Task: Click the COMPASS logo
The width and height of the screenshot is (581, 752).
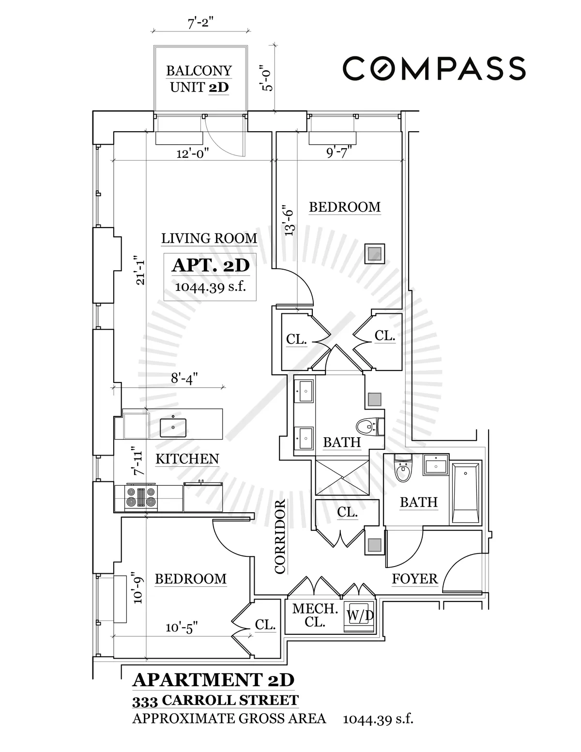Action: (x=434, y=68)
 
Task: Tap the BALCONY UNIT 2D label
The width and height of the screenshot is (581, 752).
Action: (x=199, y=79)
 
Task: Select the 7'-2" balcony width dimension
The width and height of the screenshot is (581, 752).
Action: (x=200, y=23)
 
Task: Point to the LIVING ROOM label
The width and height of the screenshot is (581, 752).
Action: (x=209, y=238)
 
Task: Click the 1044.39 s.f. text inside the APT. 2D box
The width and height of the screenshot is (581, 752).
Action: (x=210, y=287)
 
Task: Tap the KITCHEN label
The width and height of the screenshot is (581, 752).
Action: (x=187, y=459)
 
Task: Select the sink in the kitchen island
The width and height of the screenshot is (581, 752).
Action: (x=173, y=426)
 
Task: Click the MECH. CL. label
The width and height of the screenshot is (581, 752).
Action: (x=315, y=615)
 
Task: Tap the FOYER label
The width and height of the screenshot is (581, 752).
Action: (x=414, y=579)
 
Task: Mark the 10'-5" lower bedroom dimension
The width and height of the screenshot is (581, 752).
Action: (x=182, y=628)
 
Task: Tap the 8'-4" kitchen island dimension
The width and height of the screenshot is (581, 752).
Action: (x=184, y=378)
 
